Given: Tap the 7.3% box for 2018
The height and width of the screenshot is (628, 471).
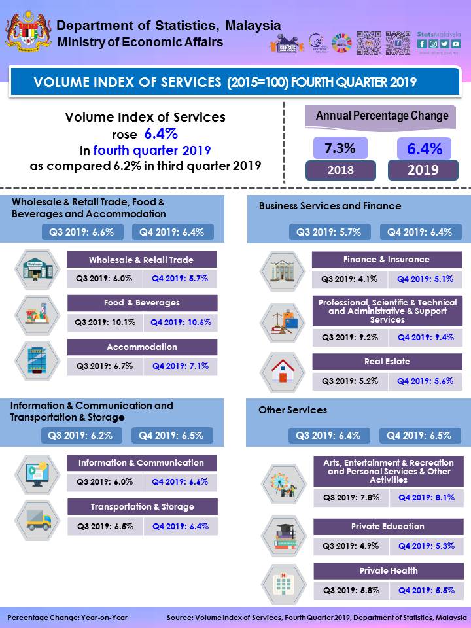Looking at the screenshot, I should coord(340,148).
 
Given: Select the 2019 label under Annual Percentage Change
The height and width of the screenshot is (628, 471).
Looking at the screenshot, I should coord(423,170).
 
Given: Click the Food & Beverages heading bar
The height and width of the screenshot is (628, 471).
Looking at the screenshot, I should coord(142,303).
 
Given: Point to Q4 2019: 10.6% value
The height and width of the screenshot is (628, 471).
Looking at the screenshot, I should coord(181,322).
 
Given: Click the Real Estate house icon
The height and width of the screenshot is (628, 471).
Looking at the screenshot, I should coord(283,372).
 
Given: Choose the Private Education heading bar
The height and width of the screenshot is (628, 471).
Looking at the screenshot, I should coord(387,527).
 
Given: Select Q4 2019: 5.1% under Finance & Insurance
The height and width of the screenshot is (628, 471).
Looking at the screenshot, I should coord(425,279).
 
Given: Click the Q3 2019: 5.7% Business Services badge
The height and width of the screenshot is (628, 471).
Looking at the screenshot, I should coord(334,232).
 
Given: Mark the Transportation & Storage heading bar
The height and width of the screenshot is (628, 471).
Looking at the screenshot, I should coord(142,507).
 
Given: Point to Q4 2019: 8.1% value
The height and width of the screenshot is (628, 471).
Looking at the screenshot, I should coord(427,497).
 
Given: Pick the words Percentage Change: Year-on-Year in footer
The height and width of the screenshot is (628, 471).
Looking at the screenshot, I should coord(67,617).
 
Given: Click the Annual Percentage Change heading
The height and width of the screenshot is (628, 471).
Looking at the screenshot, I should coord(382,116).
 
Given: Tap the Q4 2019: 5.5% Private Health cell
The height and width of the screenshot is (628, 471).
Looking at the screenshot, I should coord(427,590).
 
